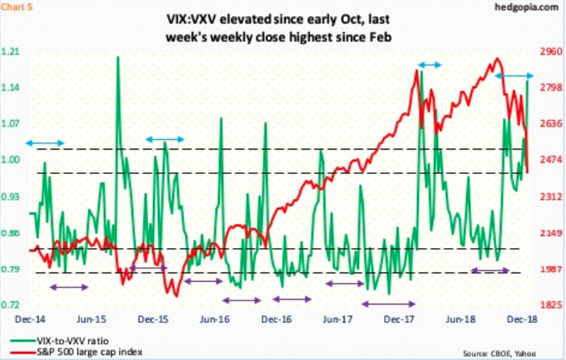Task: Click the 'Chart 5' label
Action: click(x=19, y=10)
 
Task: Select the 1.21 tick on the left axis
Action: click(x=15, y=52)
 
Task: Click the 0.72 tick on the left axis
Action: click(x=15, y=305)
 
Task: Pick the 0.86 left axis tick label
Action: click(x=15, y=234)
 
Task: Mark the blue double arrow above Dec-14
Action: click(x=44, y=143)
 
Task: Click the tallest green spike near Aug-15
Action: click(x=118, y=58)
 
